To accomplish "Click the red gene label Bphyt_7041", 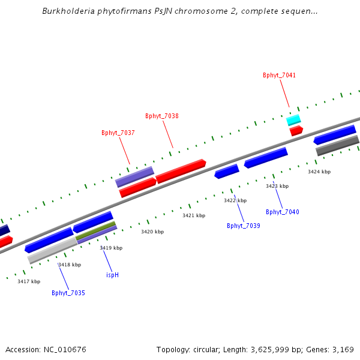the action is tap(279, 76).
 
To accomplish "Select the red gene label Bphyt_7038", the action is tap(162, 116).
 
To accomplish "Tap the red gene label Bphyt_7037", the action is tap(118, 133).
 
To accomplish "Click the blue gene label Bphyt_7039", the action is tap(243, 226).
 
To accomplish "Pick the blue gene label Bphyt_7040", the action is tap(282, 212).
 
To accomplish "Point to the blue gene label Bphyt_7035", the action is tap(68, 293).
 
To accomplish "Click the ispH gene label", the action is tap(112, 275).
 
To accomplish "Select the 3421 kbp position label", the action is tap(194, 216).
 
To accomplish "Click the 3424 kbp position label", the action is tap(319, 172).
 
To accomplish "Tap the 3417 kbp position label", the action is tap(29, 282).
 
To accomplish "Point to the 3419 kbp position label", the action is tap(111, 248).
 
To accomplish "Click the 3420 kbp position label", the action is tap(152, 232).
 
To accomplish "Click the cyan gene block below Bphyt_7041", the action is tap(293, 119).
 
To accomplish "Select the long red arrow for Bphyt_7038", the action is tap(181, 170).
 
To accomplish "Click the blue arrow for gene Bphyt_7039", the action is tap(227, 172).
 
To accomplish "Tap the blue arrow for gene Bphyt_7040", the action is tap(265, 158).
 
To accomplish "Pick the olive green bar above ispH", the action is tap(95, 230).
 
